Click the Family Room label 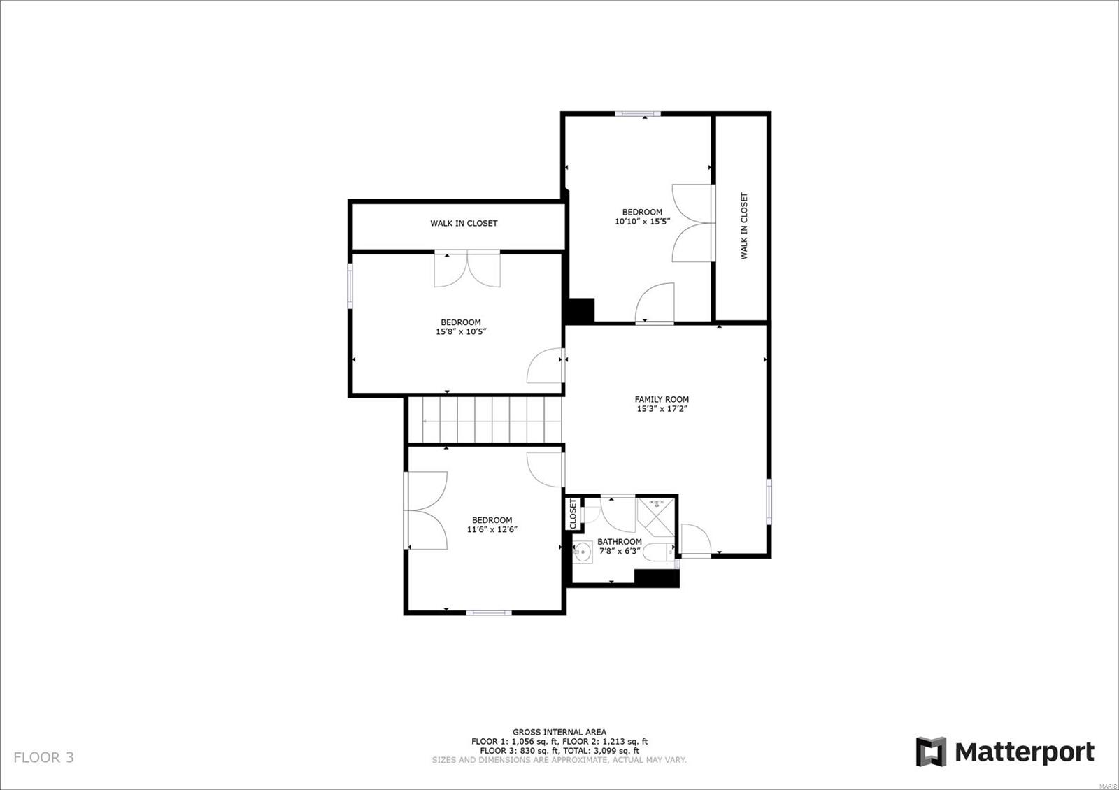pyautogui.click(x=662, y=399)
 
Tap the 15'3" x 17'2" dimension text pyautogui.click(x=662, y=409)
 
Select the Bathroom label pyautogui.click(x=620, y=542)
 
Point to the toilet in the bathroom pyautogui.click(x=658, y=553)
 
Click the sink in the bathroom pyautogui.click(x=583, y=552)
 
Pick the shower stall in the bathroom pyautogui.click(x=656, y=517)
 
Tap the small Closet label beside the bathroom pyautogui.click(x=573, y=514)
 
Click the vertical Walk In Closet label pyautogui.click(x=744, y=226)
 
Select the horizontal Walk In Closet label pyautogui.click(x=464, y=223)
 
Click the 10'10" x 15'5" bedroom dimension pyautogui.click(x=642, y=221)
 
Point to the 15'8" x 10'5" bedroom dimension pyautogui.click(x=461, y=331)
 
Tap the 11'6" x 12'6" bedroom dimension pyautogui.click(x=492, y=529)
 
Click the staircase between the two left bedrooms pyautogui.click(x=485, y=420)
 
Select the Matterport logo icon pyautogui.click(x=931, y=752)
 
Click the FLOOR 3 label pyautogui.click(x=43, y=758)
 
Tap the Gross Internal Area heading pyautogui.click(x=559, y=732)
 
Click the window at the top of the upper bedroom pyautogui.click(x=637, y=114)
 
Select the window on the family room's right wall pyautogui.click(x=769, y=502)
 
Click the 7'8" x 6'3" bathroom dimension pyautogui.click(x=620, y=552)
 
